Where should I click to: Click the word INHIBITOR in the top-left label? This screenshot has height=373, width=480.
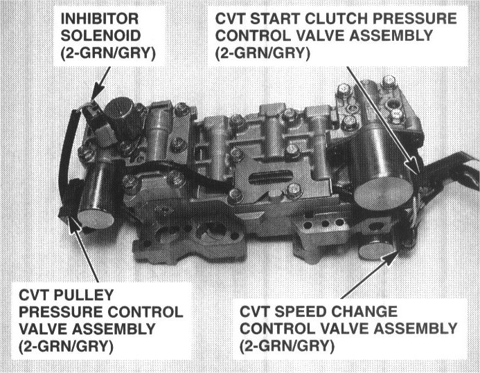pos(100,19)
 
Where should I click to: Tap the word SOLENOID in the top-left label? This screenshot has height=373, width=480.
pos(100,36)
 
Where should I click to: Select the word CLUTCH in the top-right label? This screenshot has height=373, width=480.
pos(337,19)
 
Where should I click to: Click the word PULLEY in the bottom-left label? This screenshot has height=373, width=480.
pos(84,295)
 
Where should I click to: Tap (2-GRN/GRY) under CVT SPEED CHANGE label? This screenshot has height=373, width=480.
pos(287,347)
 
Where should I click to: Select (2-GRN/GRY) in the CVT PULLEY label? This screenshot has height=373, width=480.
pos(66,347)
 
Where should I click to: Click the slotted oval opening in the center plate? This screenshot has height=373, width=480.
pos(271,177)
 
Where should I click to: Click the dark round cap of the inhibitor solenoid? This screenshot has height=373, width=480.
pos(119,109)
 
